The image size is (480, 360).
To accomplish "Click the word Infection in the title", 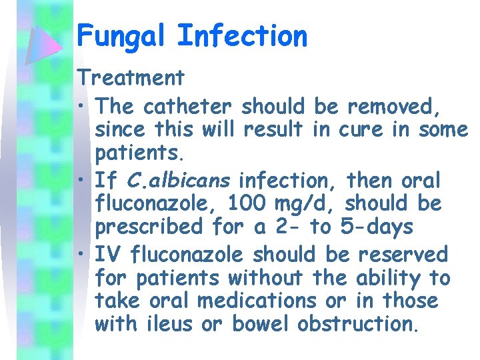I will point(242,35).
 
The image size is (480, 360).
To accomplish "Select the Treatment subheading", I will point(131,78).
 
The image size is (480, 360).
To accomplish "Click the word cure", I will point(361,129).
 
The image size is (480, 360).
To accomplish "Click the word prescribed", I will point(150,227).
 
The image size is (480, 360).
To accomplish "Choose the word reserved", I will point(403,255).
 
